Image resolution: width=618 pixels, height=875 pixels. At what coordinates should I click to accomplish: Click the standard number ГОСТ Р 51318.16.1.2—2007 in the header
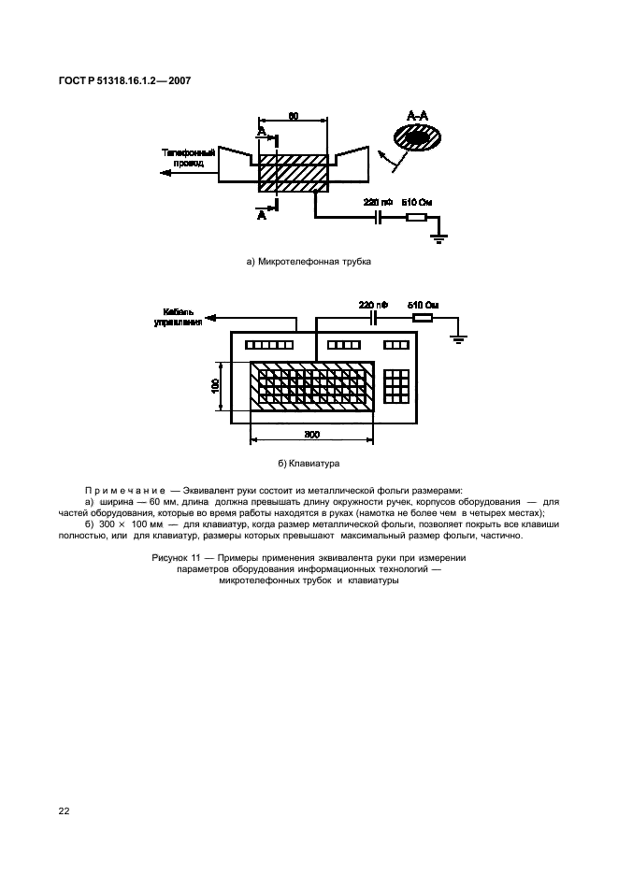(x=124, y=81)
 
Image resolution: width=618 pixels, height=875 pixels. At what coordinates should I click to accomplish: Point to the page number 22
(x=64, y=810)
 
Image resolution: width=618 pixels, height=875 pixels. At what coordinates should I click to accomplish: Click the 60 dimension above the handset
(x=293, y=116)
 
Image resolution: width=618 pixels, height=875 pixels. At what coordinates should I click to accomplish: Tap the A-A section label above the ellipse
(x=417, y=116)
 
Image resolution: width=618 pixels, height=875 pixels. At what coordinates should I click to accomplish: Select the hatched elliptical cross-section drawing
(x=418, y=136)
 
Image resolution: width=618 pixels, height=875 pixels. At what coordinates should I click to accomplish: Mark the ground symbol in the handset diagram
(x=439, y=238)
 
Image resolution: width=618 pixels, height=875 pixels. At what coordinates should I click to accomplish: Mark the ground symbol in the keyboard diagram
(x=458, y=339)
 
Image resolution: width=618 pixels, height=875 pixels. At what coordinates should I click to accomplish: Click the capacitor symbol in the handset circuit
(x=379, y=217)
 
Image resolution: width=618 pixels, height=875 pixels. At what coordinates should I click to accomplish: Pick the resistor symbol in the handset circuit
(x=417, y=217)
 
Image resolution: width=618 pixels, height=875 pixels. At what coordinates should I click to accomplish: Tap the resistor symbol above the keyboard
(x=422, y=319)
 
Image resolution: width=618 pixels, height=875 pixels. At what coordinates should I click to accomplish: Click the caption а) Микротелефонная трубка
(x=309, y=261)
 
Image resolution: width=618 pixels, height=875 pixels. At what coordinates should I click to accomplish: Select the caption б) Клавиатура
(x=309, y=463)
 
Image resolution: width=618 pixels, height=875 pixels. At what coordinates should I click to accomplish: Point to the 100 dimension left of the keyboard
(x=215, y=386)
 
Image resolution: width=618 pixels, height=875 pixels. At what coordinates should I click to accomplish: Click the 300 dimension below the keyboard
(x=312, y=434)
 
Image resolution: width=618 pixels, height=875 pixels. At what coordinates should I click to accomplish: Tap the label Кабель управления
(x=179, y=317)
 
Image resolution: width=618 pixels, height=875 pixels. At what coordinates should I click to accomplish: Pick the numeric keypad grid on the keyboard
(x=396, y=385)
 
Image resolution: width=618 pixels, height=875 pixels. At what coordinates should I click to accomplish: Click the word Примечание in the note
(x=125, y=491)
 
